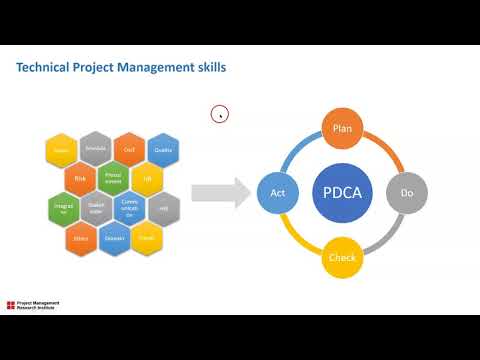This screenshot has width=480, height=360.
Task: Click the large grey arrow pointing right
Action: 219,193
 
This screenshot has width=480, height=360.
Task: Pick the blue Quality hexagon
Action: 163,151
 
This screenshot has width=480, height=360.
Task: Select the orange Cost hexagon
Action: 129,151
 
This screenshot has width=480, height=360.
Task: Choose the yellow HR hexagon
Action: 147,180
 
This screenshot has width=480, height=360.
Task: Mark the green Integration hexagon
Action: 62,209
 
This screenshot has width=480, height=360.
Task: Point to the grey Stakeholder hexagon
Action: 96,209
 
